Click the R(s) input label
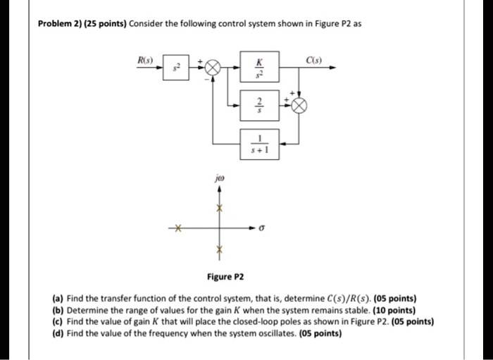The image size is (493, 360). coord(145,60)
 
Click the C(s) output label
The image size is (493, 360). coord(314,60)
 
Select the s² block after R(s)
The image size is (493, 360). coord(176,68)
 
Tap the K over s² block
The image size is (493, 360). coord(259,67)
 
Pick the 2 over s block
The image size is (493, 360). coord(259,106)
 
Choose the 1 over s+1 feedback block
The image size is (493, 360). coord(259,144)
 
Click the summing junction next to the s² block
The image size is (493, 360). coord(213,68)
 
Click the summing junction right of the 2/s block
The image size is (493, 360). coord(299,106)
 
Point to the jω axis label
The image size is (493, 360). coord(220,179)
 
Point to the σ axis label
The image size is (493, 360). coord(260,228)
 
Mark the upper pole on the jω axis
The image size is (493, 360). coord(220,208)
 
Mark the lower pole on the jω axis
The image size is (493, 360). coord(220,249)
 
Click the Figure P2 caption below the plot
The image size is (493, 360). coord(225,277)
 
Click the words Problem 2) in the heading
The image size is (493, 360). coord(56,24)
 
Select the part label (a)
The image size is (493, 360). coord(58,298)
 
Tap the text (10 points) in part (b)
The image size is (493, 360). coord(394,310)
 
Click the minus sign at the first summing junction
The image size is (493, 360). coord(206,80)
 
